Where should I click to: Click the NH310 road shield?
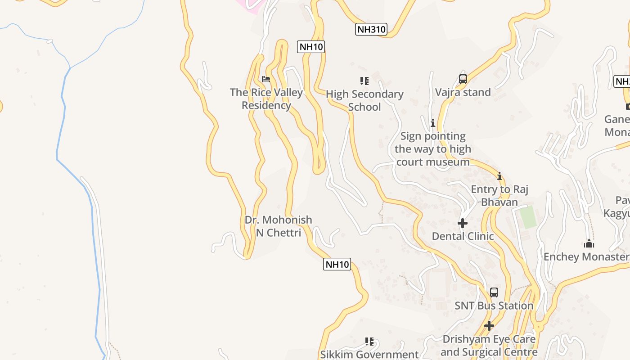(x=371, y=30)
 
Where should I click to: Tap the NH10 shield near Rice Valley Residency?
(x=310, y=47)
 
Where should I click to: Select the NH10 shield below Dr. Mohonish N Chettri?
(x=337, y=264)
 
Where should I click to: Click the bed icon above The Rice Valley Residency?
(x=266, y=80)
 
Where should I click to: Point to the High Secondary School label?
(x=364, y=100)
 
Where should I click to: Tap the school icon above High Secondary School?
(x=364, y=81)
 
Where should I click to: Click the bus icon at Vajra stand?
(x=463, y=79)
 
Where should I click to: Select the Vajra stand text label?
(x=463, y=92)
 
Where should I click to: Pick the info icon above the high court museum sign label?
(x=433, y=123)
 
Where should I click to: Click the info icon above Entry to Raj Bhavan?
(x=499, y=176)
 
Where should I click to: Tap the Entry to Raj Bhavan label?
(x=499, y=196)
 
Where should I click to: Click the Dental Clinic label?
(x=463, y=236)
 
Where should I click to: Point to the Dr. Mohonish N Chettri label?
(x=278, y=226)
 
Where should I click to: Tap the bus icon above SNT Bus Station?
(x=494, y=292)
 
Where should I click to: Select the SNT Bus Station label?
(x=494, y=306)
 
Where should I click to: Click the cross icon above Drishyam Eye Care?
(x=489, y=326)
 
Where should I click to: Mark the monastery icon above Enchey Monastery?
(x=589, y=244)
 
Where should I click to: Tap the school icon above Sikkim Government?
(x=369, y=342)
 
